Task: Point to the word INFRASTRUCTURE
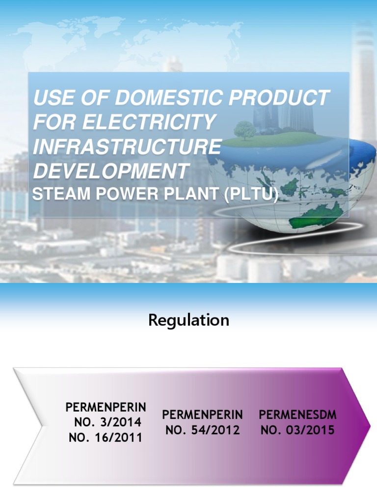127,147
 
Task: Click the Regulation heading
188,320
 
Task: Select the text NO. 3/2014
108,422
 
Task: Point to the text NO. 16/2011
106,437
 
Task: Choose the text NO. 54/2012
203,430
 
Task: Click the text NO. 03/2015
297,430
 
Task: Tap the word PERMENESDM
297,415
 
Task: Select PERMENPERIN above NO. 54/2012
203,415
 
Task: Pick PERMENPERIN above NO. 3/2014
106,407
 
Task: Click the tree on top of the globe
245,130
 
